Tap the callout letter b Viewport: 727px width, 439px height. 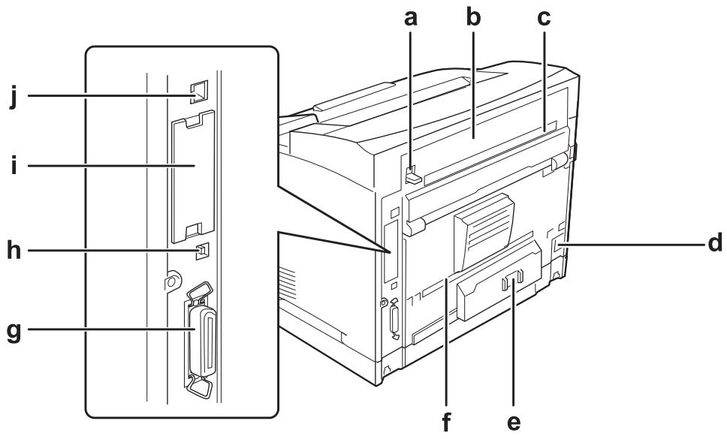coord(473,17)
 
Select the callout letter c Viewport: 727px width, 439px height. coord(544,19)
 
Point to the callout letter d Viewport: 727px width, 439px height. coord(714,242)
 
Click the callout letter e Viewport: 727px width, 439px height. coord(513,422)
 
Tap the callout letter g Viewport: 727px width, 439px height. coord(14,332)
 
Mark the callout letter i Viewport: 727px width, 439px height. coord(14,164)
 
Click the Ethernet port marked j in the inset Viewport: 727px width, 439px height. coord(199,92)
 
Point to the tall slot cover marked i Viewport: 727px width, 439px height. coord(193,177)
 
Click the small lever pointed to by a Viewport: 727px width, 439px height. coord(412,175)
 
